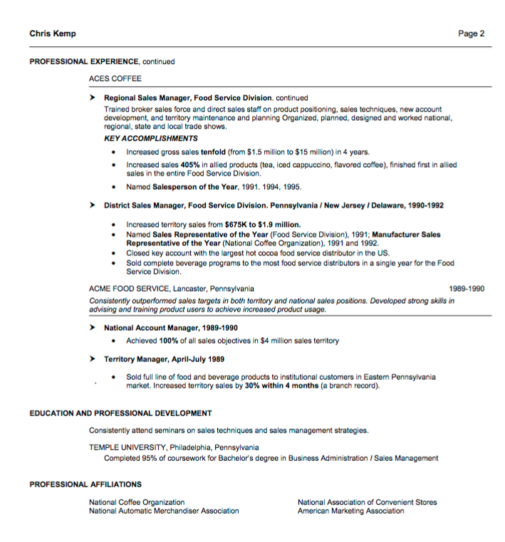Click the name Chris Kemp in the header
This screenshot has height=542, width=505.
53,33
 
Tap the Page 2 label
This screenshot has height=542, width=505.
471,33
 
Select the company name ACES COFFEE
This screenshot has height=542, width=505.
115,78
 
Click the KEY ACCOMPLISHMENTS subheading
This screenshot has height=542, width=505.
151,138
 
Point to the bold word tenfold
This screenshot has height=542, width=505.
213,152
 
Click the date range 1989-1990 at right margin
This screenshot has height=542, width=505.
467,289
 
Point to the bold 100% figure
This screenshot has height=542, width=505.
169,341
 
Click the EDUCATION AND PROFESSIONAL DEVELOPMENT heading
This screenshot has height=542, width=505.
120,413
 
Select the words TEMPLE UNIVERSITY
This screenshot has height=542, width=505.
127,448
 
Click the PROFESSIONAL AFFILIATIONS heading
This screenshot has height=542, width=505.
85,484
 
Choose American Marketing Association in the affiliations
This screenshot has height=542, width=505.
350,511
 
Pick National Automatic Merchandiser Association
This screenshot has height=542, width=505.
164,511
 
